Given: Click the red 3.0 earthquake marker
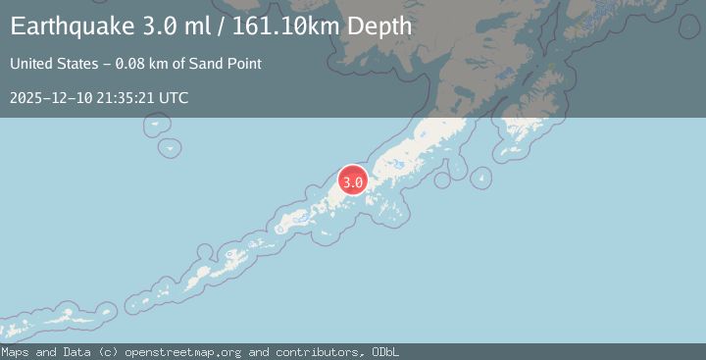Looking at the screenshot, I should tap(353, 181).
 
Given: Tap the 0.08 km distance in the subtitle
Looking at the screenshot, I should tap(144, 65).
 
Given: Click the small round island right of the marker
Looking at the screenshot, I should tap(480, 179).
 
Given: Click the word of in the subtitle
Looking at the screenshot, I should tap(184, 65).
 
